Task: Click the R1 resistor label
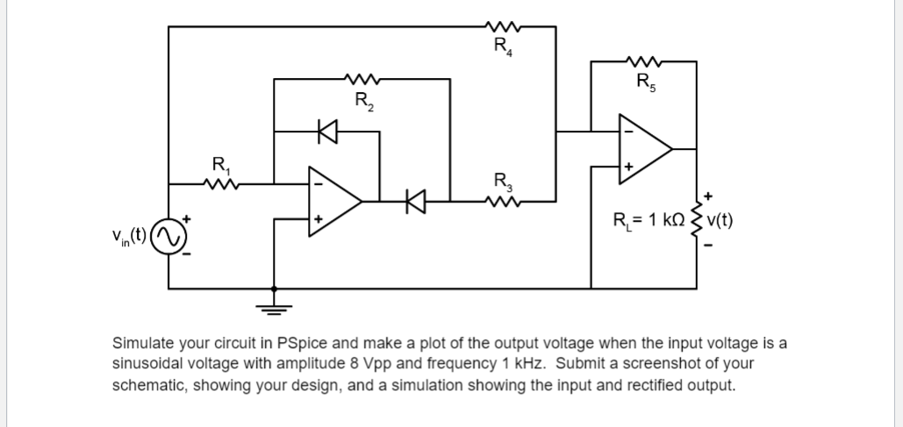(221, 165)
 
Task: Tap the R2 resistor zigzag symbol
(362, 78)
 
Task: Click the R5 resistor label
(646, 82)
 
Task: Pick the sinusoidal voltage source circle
(168, 237)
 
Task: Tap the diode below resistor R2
(327, 132)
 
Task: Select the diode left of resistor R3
(415, 202)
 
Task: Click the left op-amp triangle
(335, 202)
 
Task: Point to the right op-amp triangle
(646, 149)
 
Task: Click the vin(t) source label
(130, 236)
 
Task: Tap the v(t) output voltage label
(720, 220)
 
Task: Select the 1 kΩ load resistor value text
(666, 220)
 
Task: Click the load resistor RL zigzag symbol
(697, 219)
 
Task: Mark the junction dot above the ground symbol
(274, 288)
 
